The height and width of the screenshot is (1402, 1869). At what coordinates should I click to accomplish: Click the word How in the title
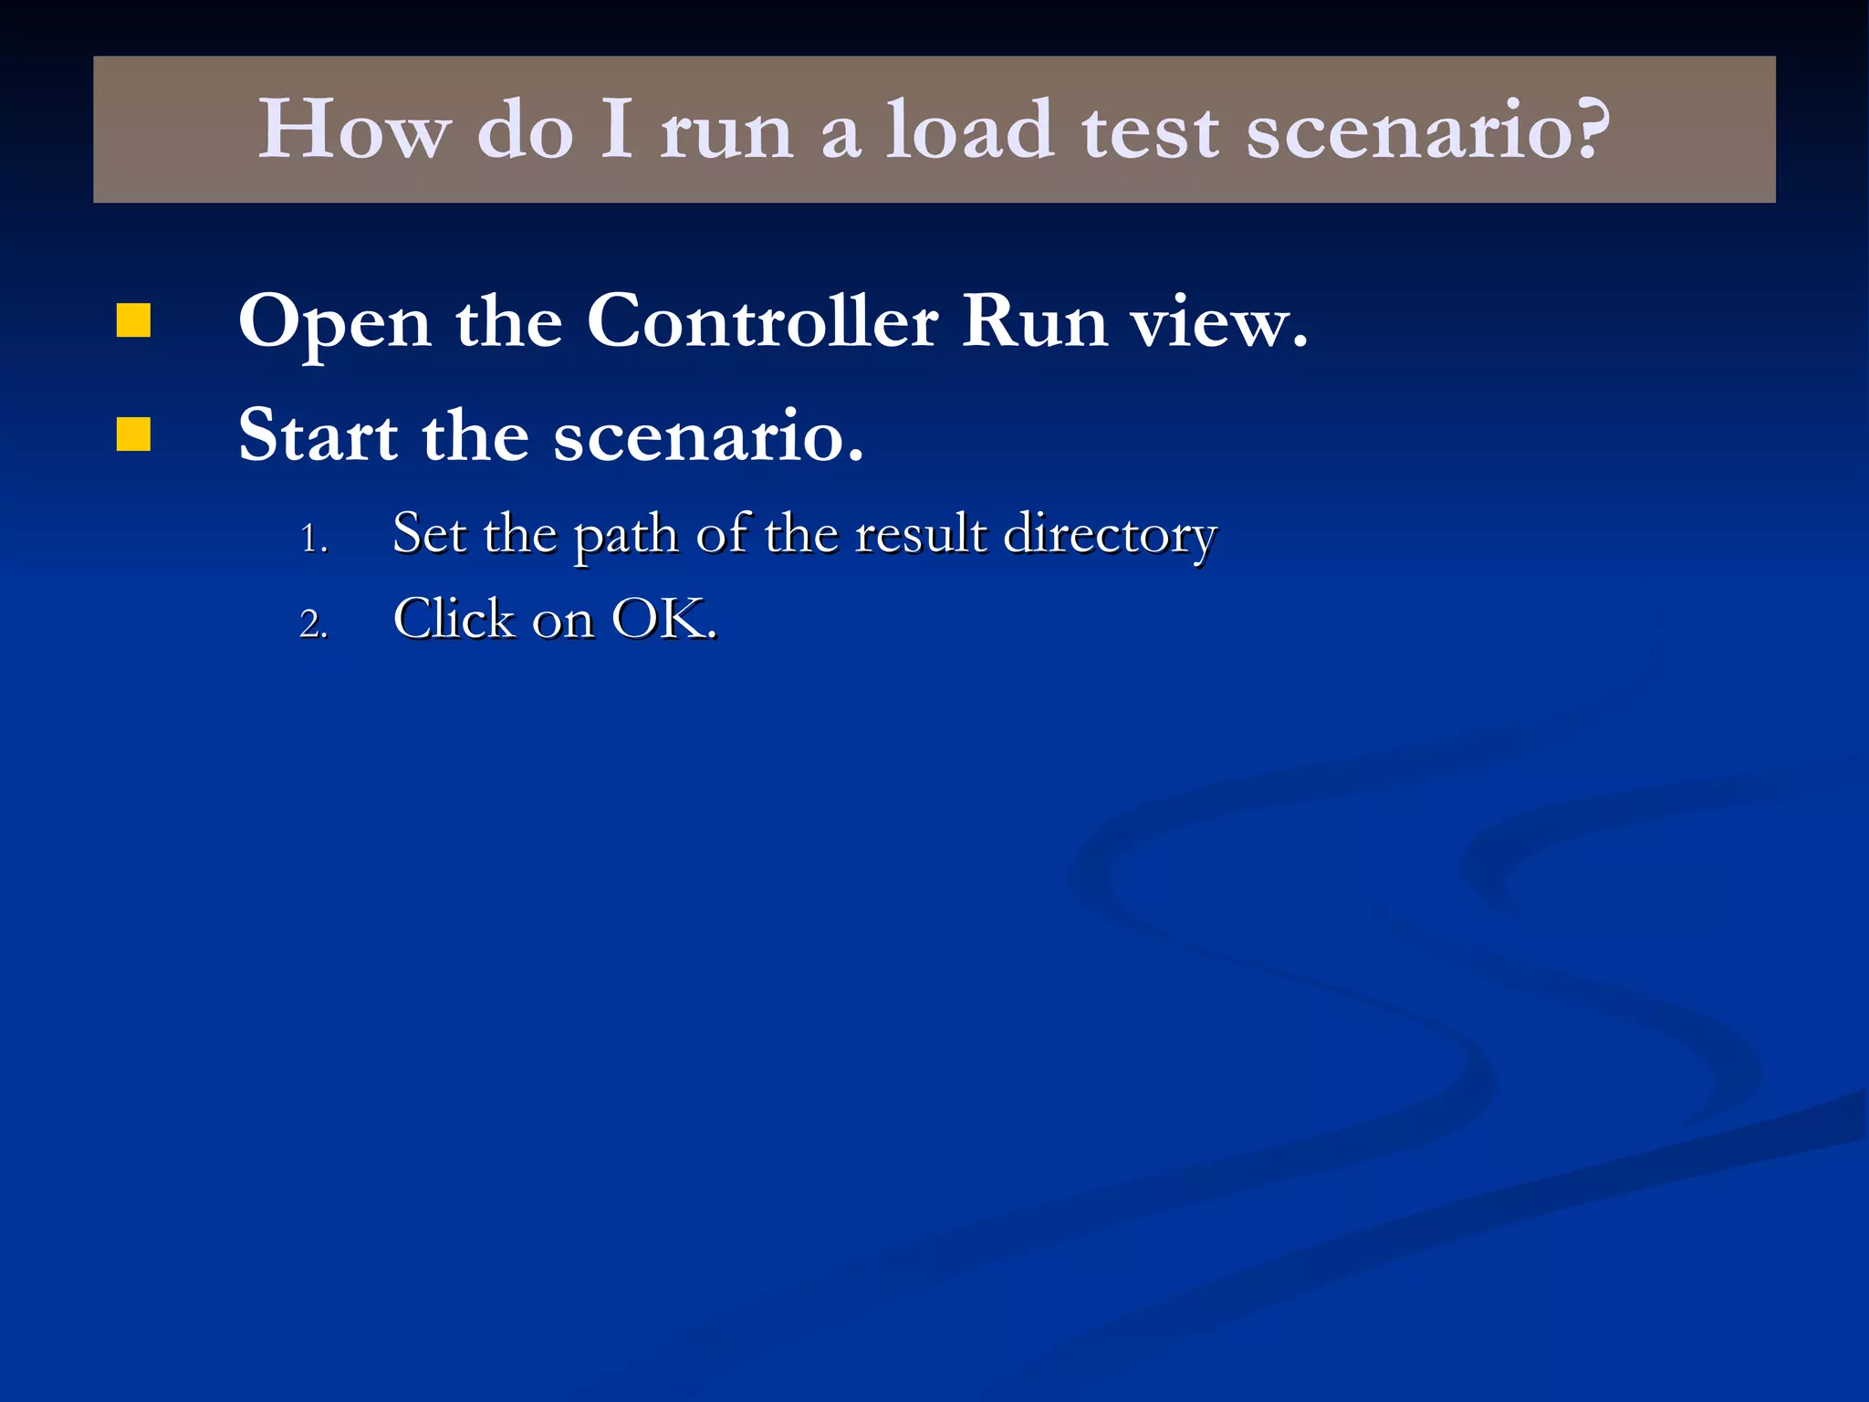coord(354,130)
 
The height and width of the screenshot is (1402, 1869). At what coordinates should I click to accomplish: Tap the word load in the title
coord(970,130)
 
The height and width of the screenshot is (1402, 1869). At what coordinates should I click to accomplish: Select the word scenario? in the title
coord(1428,130)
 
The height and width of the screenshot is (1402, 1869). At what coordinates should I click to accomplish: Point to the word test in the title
coord(1150,130)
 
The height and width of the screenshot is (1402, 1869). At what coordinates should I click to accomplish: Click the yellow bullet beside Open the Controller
coord(133,321)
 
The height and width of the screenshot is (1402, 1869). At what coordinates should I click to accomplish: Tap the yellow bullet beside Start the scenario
coord(133,434)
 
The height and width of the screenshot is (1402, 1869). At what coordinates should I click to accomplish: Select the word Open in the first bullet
coord(335,323)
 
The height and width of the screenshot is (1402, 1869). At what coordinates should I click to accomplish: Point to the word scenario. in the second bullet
coord(708,436)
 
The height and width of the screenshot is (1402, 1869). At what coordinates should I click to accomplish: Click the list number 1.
coord(313,539)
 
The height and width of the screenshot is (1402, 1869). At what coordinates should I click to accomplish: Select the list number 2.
coord(313,624)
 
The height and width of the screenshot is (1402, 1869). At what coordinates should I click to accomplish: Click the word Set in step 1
coord(429,533)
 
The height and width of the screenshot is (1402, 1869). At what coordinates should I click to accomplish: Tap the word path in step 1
coord(625,535)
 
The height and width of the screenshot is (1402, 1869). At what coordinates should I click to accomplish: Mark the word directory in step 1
coord(1110,535)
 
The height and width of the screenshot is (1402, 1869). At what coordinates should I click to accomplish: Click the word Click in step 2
coord(454,619)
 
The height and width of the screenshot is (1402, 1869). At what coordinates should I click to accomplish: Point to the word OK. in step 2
coord(664,619)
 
